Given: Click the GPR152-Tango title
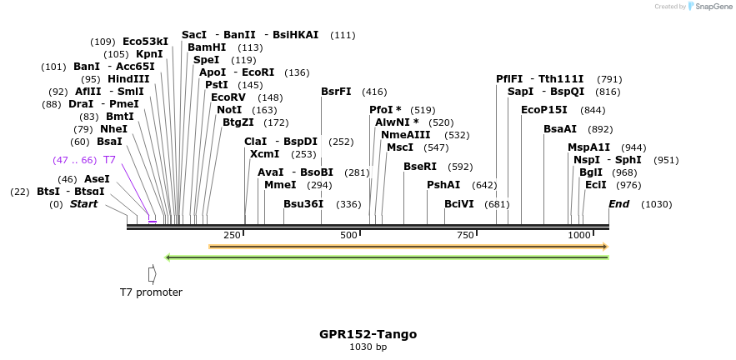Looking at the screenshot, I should pos(368,334).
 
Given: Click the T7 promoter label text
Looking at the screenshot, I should pos(151,292).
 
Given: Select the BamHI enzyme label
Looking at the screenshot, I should pos(207,47).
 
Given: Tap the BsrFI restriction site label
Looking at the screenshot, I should pos(336,92).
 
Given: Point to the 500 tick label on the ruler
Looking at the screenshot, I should pos(348,235).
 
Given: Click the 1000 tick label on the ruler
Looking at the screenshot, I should pos(579,235).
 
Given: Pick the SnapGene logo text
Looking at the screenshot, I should pos(711,6).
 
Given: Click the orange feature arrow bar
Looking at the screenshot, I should pos(408,247).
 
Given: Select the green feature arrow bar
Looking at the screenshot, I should pos(387,257).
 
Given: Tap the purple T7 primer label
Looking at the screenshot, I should pos(109,159).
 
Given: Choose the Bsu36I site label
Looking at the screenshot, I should pos(304,204).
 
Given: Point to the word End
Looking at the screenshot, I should pos(618,204).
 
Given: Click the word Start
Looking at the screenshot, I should pos(83,204).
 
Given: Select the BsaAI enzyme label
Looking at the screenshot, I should pos(560,129).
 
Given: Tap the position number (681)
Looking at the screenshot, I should pos(497,204).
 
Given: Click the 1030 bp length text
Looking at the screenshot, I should pos(368,347).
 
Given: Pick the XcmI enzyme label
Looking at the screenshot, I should pos(264,154).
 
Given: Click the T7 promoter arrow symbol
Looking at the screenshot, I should pos(152,273).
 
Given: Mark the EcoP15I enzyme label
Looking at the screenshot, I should pos(544,110).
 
